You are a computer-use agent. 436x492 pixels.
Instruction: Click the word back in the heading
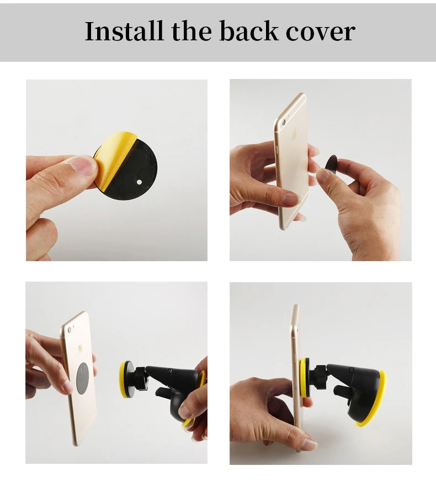click(x=249, y=31)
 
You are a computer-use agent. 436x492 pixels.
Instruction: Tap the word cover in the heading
click(x=321, y=33)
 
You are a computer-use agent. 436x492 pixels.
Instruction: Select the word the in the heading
click(x=192, y=31)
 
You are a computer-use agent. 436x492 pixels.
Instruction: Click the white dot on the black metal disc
click(x=139, y=182)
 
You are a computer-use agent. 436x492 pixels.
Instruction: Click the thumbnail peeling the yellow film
click(x=83, y=166)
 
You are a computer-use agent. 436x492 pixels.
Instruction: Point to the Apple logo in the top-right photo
click(x=295, y=135)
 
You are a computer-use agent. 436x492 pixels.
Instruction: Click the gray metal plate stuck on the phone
click(x=83, y=378)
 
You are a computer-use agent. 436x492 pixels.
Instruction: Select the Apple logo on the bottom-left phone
click(x=80, y=349)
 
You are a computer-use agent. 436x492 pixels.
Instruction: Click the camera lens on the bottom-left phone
click(x=70, y=330)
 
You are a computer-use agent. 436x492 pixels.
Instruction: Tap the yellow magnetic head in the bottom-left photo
click(x=124, y=379)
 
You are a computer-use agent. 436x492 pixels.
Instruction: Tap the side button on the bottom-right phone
click(x=294, y=359)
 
